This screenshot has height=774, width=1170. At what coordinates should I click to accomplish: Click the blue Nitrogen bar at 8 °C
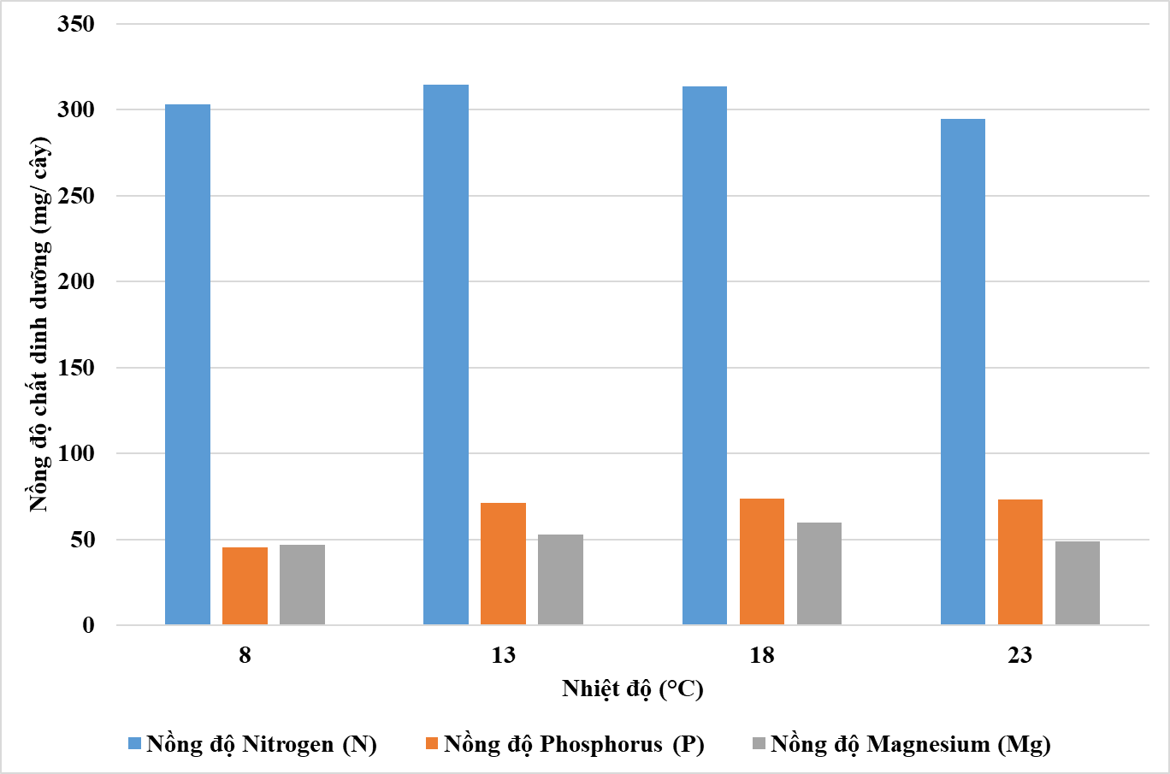pos(187,364)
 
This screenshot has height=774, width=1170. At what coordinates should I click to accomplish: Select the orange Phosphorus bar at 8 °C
pos(245,586)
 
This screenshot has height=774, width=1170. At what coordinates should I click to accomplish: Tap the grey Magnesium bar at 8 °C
pos(302,584)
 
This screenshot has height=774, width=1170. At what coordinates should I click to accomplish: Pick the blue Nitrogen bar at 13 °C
pos(446,355)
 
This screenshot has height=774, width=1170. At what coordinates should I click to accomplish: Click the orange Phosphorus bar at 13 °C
pos(503,564)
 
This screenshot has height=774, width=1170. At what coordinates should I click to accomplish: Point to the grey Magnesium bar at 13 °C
pos(560,579)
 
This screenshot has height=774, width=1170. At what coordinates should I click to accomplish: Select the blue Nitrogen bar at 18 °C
pos(705,356)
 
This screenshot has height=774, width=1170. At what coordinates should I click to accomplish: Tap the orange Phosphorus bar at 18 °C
pos(762,561)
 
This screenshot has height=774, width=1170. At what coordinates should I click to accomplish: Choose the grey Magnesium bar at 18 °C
pos(819,573)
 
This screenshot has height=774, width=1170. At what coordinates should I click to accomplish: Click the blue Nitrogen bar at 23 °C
pos(963,372)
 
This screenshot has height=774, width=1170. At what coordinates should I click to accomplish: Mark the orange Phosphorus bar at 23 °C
pos(1020,562)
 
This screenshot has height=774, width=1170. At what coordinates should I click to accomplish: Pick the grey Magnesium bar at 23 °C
pos(1078,582)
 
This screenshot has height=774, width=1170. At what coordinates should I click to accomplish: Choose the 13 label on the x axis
pos(503,655)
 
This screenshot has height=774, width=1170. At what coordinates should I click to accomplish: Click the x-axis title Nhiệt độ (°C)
pos(632,688)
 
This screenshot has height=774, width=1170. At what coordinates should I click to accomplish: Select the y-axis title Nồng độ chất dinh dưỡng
pos(39,325)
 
